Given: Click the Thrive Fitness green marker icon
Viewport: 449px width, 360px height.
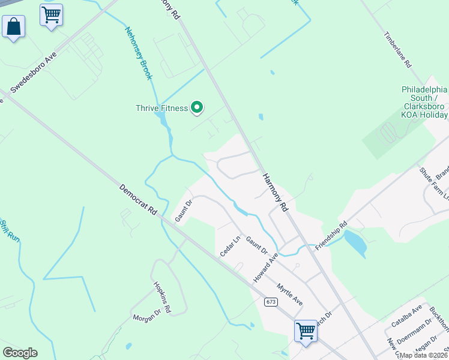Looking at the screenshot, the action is pos(197,108).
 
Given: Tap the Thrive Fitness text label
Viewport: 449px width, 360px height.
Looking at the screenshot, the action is pos(161,109).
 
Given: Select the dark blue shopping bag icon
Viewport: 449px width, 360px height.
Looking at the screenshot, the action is pos(13,26).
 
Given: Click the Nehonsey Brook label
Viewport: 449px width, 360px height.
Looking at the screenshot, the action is pos(139,53).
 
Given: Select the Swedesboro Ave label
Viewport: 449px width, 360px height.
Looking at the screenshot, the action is pos(33,71).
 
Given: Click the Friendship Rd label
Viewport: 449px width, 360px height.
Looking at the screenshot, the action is pos(331,236).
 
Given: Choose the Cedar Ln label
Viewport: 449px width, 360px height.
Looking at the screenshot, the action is pos(230,245).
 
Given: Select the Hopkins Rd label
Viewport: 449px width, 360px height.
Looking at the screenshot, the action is pos(162,298).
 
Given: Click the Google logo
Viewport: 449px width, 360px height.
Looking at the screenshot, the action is pos(20,353).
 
